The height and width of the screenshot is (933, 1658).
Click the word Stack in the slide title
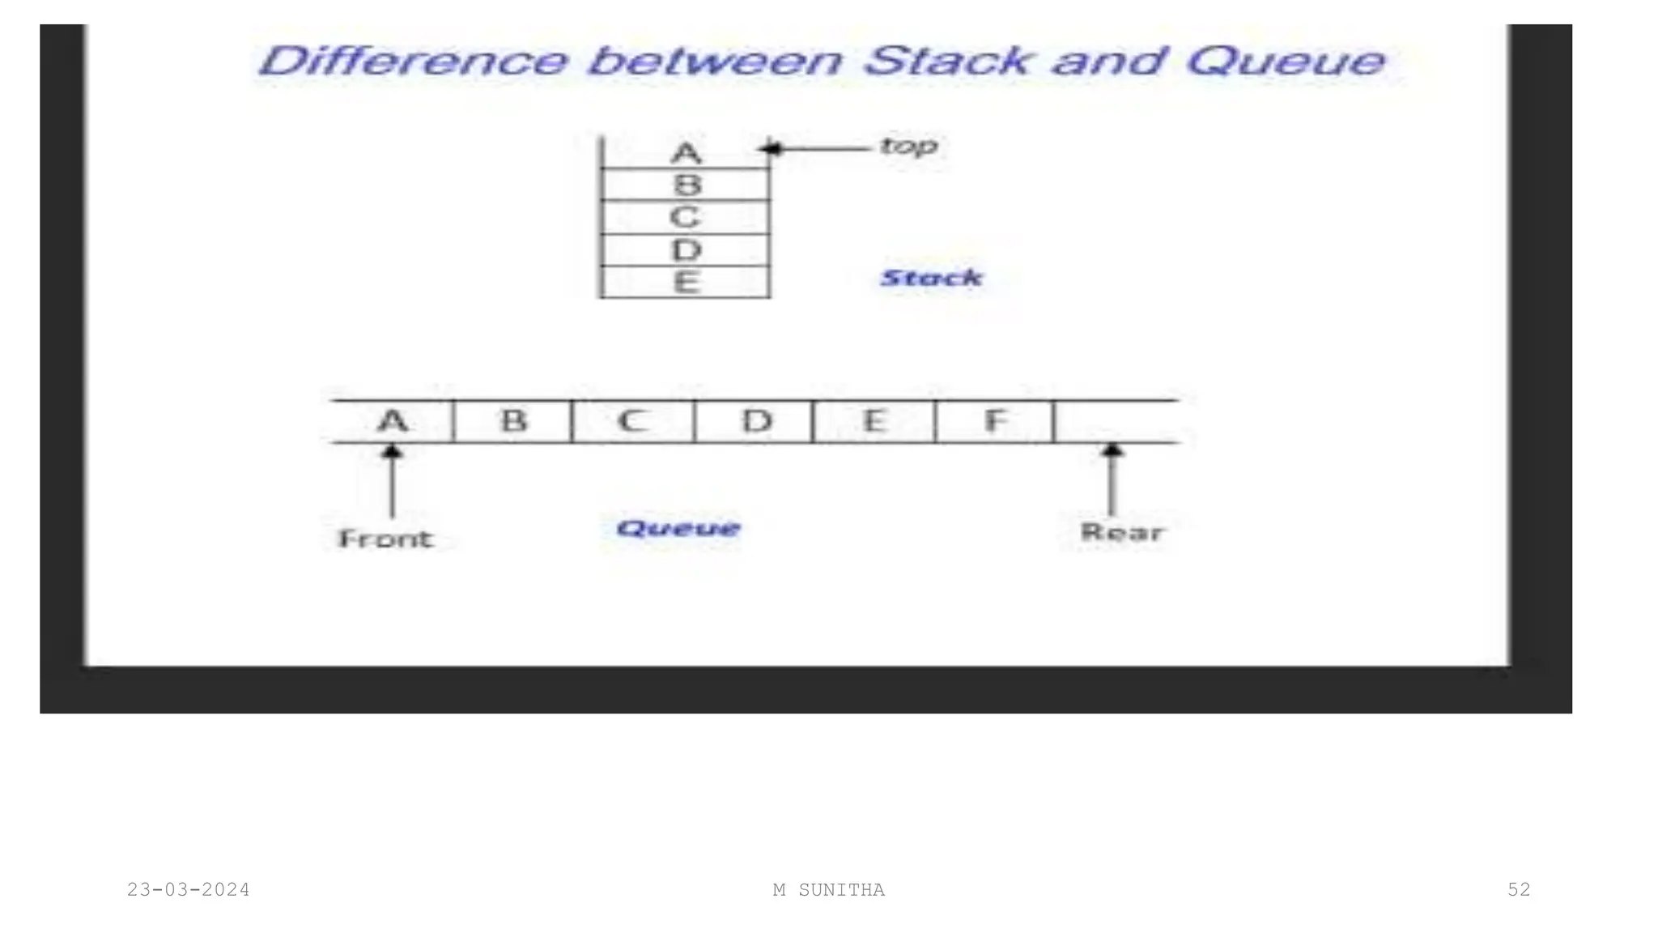[x=946, y=62]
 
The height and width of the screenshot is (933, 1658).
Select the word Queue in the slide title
[x=1286, y=62]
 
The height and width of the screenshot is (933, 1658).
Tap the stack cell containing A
[x=686, y=152]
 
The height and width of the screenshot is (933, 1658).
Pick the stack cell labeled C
[x=686, y=217]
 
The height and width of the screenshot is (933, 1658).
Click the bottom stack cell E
[x=686, y=283]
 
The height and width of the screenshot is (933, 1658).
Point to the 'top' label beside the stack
[x=908, y=147]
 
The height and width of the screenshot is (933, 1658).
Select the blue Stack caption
[x=931, y=278]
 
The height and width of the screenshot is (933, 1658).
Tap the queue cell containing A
[x=393, y=421]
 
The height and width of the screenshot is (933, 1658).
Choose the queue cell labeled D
[x=756, y=421]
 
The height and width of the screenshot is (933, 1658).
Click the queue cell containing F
[x=995, y=421]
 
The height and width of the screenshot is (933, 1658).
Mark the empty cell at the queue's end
[x=1116, y=421]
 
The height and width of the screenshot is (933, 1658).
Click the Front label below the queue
[x=385, y=539]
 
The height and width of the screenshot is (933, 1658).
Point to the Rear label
[x=1122, y=532]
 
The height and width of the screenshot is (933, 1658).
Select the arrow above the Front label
[x=393, y=481]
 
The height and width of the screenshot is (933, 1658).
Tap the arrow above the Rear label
[x=1112, y=479]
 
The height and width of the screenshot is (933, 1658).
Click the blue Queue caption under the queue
[x=678, y=529]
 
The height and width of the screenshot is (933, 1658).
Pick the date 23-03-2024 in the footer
[x=189, y=890]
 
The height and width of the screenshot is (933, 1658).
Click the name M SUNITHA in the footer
[x=829, y=890]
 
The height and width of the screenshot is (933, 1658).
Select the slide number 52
[x=1519, y=890]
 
